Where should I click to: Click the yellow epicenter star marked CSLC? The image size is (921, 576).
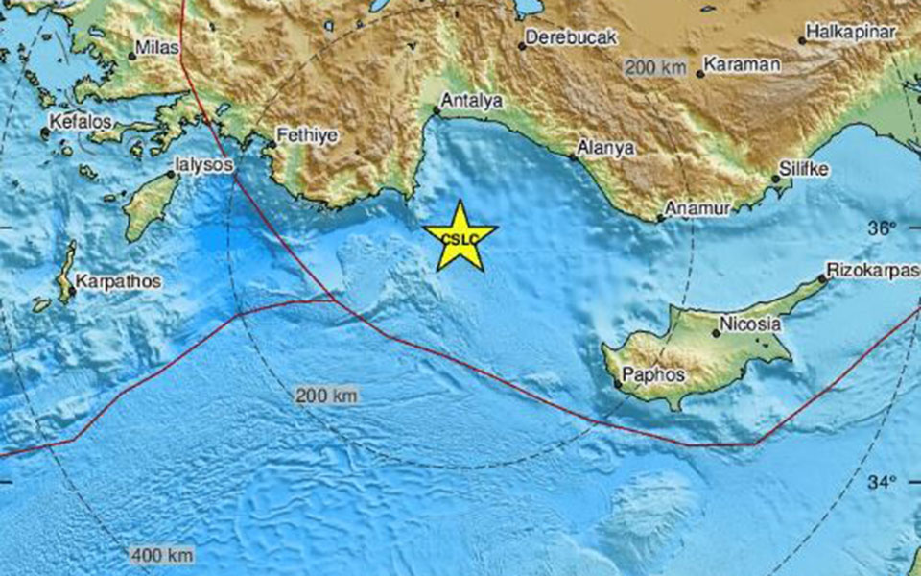pyautogui.click(x=460, y=237)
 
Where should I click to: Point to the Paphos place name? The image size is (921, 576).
pyautogui.click(x=653, y=374)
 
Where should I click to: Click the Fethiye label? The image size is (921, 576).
pyautogui.click(x=306, y=136)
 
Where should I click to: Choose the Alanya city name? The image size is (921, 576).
pyautogui.click(x=606, y=149)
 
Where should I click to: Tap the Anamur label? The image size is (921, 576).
pyautogui.click(x=698, y=208)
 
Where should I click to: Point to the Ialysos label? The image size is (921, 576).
pyautogui.click(x=203, y=165)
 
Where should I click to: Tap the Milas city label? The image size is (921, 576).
pyautogui.click(x=154, y=46)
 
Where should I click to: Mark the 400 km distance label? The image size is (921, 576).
pyautogui.click(x=162, y=555)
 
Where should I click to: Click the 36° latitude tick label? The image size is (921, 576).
pyautogui.click(x=883, y=228)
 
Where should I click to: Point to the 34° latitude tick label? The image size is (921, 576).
pyautogui.click(x=883, y=482)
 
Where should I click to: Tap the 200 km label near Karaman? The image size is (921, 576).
pyautogui.click(x=656, y=67)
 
